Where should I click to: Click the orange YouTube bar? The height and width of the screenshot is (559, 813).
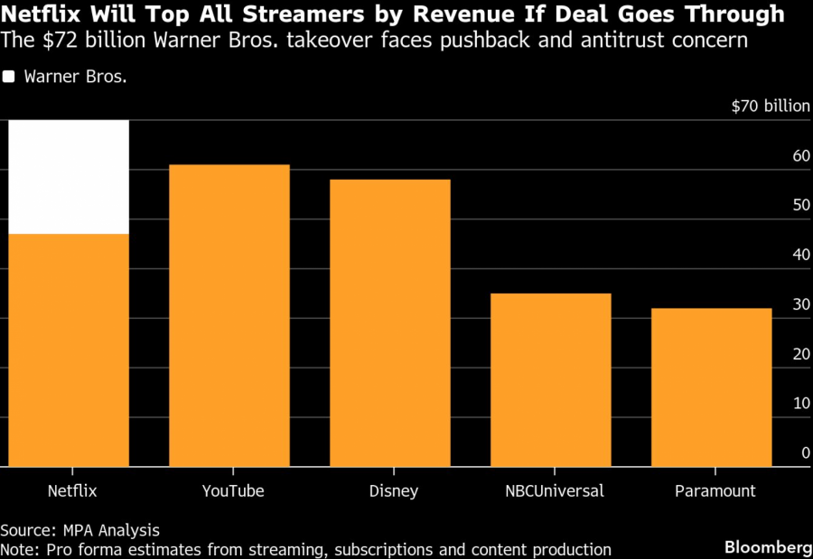coord(229,316)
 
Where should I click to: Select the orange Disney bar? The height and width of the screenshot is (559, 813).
coord(390,323)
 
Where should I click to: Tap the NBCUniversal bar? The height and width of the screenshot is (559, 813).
coord(551,380)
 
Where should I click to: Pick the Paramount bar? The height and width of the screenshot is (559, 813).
coord(712,387)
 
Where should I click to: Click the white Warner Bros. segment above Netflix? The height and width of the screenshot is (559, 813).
coord(69,177)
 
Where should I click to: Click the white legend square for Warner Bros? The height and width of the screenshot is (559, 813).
coord(9,77)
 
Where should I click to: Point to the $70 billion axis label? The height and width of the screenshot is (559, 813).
coord(771,106)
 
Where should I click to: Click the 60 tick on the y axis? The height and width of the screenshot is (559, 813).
coord(801,156)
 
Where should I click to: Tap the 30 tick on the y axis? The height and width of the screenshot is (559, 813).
coord(801,305)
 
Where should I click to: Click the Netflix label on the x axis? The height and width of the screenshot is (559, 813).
coord(71,491)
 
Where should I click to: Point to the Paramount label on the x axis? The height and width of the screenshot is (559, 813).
coord(715,491)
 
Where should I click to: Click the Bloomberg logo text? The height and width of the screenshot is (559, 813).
coord(768,548)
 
